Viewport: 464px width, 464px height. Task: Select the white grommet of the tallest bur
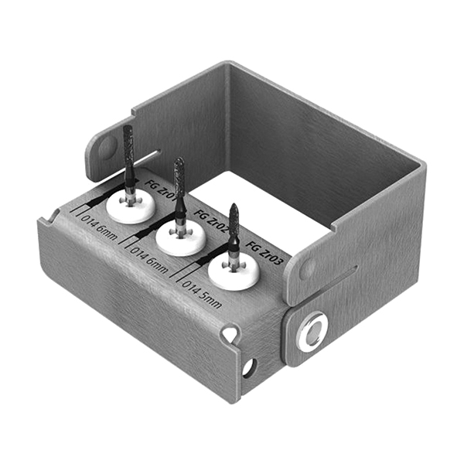click(x=131, y=206)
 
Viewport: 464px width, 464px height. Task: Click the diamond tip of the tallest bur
click(x=128, y=147)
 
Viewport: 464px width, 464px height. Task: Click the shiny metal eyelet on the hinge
click(x=312, y=330)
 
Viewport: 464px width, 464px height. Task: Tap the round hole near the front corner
click(x=248, y=367)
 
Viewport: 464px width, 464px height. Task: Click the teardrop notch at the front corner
click(x=229, y=333)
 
